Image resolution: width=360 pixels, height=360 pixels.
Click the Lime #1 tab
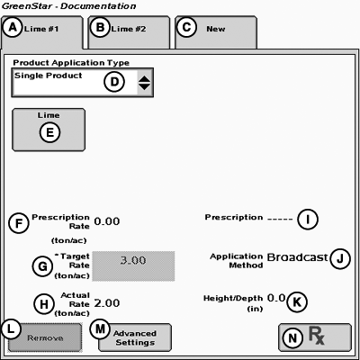[42, 32]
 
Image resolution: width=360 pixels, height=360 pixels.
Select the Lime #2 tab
[129, 32]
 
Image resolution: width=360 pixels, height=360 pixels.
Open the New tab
[216, 32]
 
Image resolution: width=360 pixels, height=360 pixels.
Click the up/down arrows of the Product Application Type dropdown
[145, 83]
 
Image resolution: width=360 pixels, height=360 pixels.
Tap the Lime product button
[49, 130]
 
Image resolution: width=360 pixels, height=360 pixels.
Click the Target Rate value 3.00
[133, 266]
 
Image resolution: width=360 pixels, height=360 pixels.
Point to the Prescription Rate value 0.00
[107, 221]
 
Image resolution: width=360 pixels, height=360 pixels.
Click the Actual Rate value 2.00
[107, 303]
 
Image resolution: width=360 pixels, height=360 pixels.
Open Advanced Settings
[135, 337]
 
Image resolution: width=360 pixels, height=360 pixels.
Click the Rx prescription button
[315, 337]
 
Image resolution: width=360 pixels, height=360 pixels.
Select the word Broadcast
[297, 257]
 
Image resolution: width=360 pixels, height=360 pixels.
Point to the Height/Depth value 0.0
[276, 298]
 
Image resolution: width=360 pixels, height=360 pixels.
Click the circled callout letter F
[19, 223]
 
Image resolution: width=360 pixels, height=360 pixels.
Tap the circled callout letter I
[308, 219]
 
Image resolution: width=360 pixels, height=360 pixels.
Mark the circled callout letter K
[297, 301]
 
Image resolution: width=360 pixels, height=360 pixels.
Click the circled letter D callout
[114, 82]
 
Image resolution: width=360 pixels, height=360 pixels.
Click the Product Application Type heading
[71, 63]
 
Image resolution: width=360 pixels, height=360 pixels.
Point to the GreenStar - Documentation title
[69, 6]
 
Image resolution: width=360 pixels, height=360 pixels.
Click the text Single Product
[48, 76]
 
